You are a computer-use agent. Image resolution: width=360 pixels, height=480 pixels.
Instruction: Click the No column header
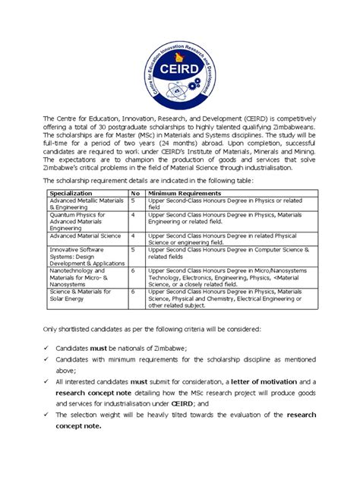(x=135, y=194)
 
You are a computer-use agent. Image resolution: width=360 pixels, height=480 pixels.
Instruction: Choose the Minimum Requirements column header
(x=182, y=194)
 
